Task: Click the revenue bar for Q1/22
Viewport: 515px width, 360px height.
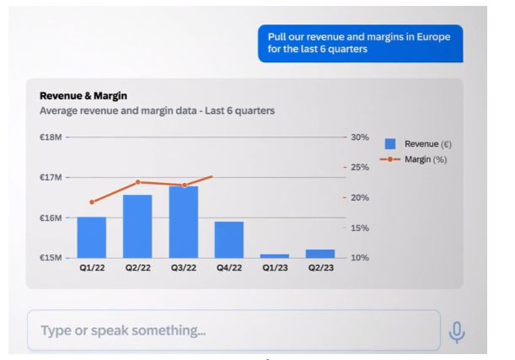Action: coord(92,238)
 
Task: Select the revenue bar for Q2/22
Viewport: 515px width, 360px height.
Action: coord(137,226)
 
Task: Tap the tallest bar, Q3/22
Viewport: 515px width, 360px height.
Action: coord(184,222)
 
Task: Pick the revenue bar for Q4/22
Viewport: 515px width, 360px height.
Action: coord(229,239)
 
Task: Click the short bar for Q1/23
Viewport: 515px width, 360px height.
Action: coord(275,256)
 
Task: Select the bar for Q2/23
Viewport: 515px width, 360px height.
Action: coord(320,254)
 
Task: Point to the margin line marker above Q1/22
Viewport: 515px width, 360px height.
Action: coord(92,202)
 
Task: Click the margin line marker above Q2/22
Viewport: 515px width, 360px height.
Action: coord(138,182)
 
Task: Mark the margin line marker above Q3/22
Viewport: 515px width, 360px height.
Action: coord(185,185)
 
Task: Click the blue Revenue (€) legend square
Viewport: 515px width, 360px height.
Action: coord(390,144)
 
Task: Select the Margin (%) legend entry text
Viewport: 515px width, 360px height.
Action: coord(426,159)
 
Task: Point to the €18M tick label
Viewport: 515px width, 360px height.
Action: coord(51,137)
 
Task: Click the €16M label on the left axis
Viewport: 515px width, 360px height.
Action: coord(51,218)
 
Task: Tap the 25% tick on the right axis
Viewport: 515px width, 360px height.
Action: coord(360,167)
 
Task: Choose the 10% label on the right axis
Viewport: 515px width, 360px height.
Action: coord(360,257)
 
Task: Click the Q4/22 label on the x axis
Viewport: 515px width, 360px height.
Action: coord(229,268)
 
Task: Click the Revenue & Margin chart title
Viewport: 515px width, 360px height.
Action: coord(83,96)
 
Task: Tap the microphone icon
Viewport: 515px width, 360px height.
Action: coord(457,332)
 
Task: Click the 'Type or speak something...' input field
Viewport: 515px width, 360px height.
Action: coord(233,330)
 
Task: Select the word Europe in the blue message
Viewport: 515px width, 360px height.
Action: coord(433,37)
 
